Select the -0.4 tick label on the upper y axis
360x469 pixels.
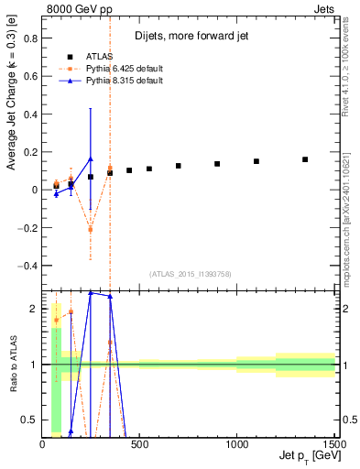pos(27,265)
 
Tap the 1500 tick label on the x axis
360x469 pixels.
pos(334,444)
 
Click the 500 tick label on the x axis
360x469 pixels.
pos(139,444)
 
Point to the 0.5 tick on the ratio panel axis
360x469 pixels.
pos(29,420)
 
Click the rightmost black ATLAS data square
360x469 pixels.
pos(305,159)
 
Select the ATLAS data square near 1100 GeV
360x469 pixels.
pos(256,161)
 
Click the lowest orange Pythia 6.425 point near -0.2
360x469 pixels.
pos(90,229)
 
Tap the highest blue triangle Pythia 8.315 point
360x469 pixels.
pos(90,158)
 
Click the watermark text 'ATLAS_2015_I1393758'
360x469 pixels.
pos(189,274)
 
